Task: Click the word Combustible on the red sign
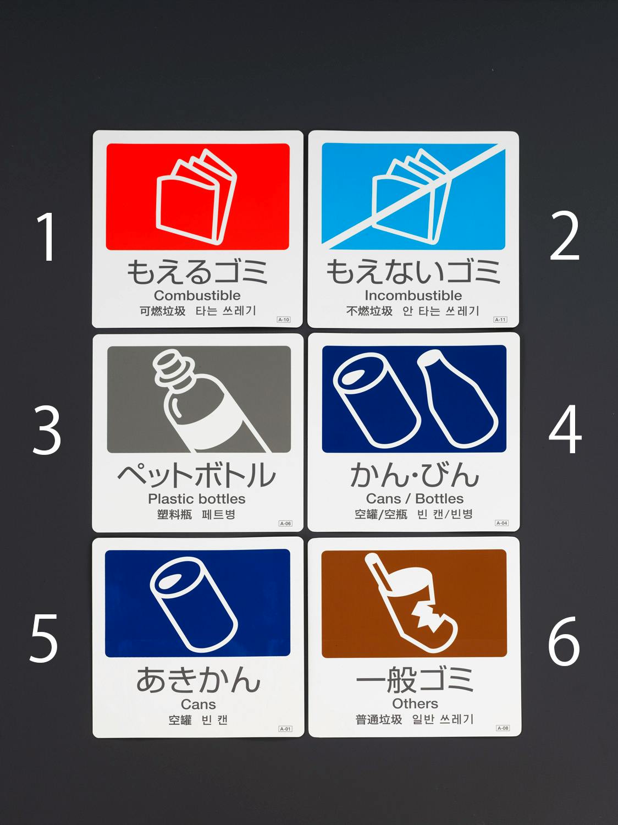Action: pyautogui.click(x=197, y=295)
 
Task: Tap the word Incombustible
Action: pyautogui.click(x=413, y=295)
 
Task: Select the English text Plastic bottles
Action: pyautogui.click(x=196, y=499)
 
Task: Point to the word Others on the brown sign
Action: pyautogui.click(x=415, y=703)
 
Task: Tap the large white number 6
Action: pyautogui.click(x=564, y=641)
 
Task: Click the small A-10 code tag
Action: pyautogui.click(x=284, y=320)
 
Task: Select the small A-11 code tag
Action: pyautogui.click(x=500, y=320)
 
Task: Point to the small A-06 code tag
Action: pyautogui.click(x=285, y=523)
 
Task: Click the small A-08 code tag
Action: pyautogui.click(x=503, y=728)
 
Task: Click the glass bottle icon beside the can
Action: pyautogui.click(x=457, y=398)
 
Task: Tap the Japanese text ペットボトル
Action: pyautogui.click(x=196, y=475)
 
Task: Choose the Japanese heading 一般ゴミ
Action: pyautogui.click(x=415, y=679)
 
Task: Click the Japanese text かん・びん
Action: pyautogui.click(x=415, y=475)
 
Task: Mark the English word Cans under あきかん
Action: pyautogui.click(x=198, y=704)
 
